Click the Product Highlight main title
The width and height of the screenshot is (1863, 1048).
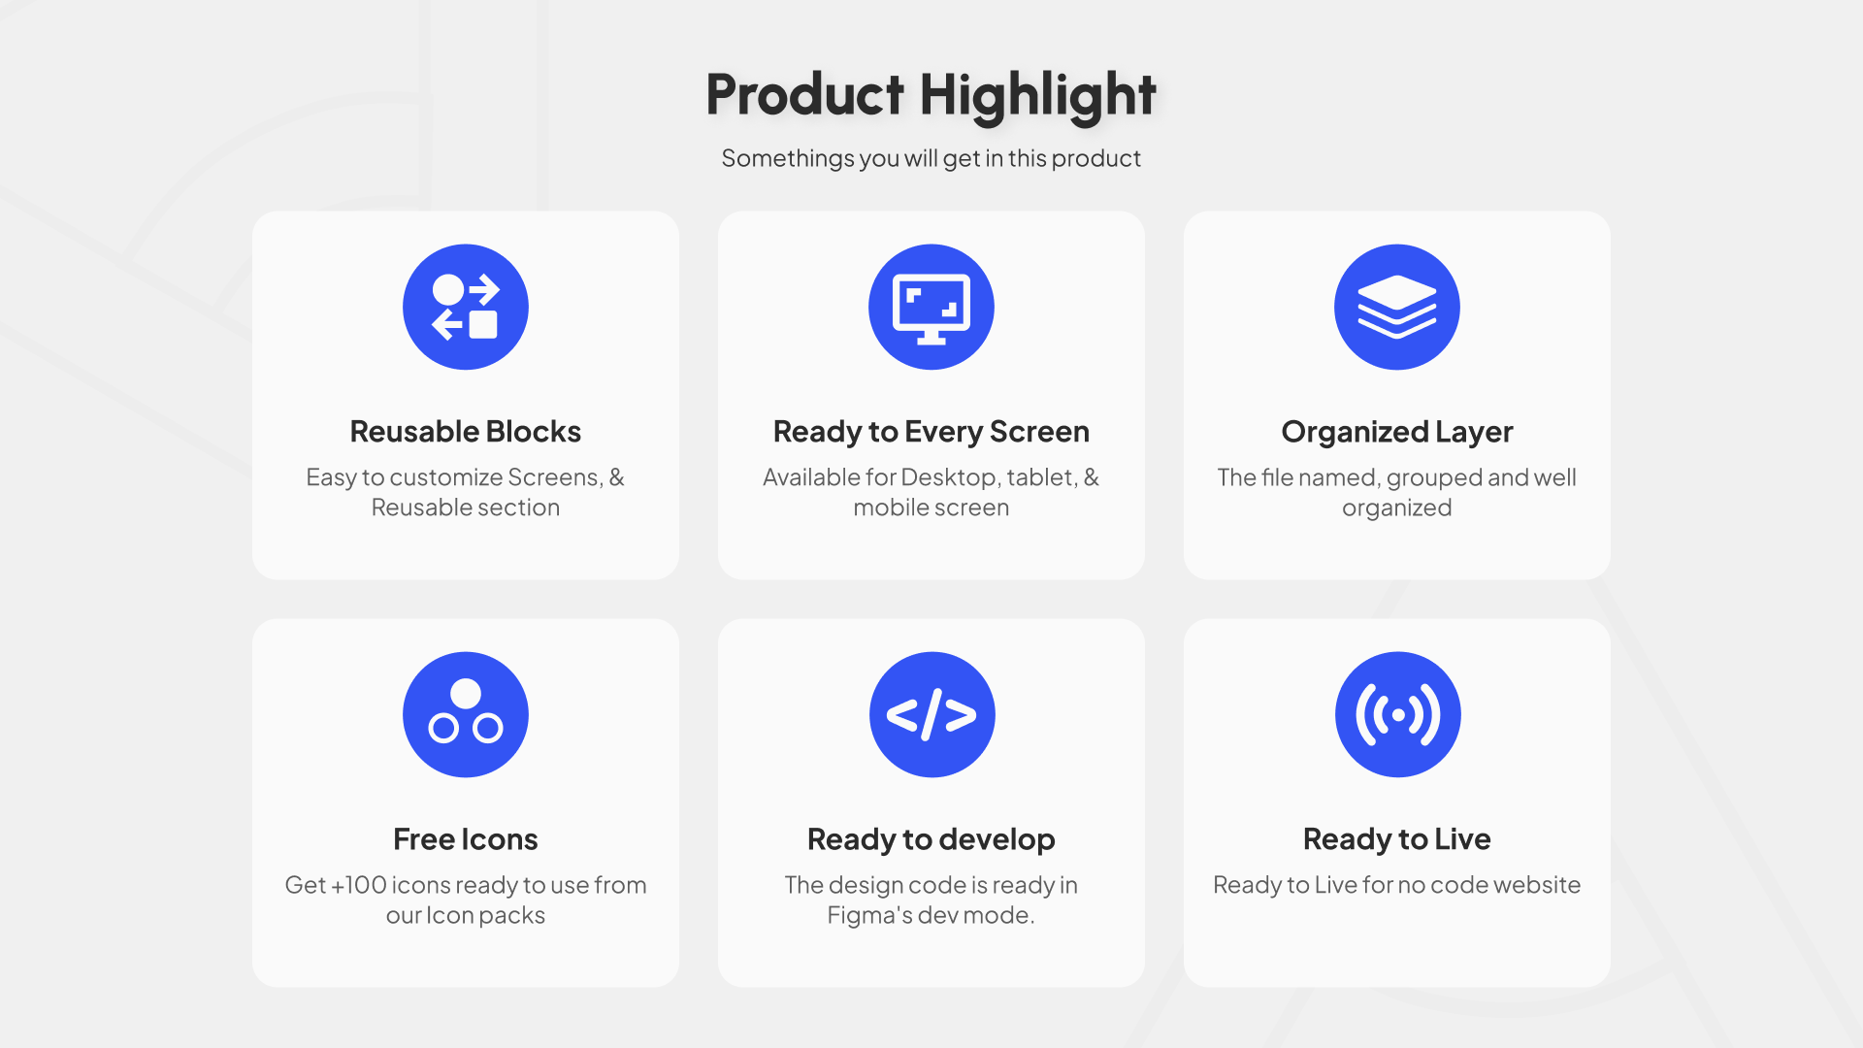[931, 96]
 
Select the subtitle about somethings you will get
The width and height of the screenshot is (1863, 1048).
[931, 158]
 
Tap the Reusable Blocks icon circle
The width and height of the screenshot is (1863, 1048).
[466, 307]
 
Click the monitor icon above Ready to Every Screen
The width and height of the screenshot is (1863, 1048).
[931, 307]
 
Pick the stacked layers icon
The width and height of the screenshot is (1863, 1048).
[1397, 307]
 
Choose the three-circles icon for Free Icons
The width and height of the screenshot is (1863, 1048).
[466, 714]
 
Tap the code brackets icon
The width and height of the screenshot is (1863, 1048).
[931, 714]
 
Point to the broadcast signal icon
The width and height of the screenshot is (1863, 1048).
[1397, 714]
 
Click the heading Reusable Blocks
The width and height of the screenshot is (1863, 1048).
[466, 432]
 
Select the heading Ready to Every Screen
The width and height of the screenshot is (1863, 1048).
[931, 432]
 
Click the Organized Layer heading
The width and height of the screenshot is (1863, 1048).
[1397, 432]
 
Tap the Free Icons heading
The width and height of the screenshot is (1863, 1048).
[466, 839]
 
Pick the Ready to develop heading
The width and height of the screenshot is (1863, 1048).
[931, 839]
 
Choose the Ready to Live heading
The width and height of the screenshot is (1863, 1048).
[1397, 839]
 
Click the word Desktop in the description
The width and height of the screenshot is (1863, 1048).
[950, 477]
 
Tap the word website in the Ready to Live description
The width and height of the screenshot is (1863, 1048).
[1537, 885]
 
